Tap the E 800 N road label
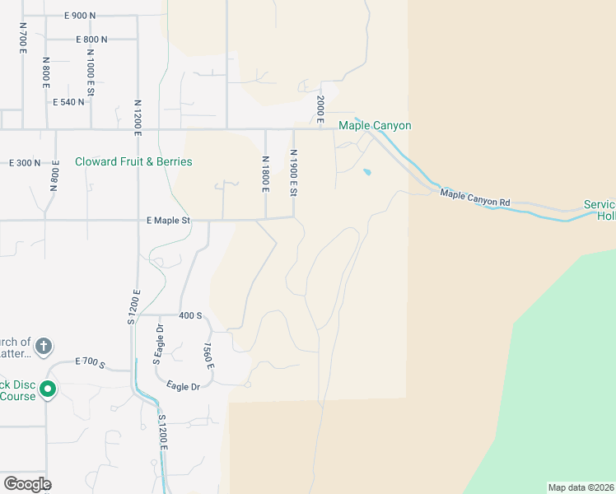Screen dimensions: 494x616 [x=91, y=39]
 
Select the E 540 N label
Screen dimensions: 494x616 [x=68, y=102]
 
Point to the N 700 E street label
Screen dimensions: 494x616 [x=23, y=37]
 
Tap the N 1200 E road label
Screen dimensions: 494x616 [x=138, y=119]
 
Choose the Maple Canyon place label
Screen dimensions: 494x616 [x=375, y=125]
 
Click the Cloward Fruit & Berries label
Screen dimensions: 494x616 [x=133, y=161]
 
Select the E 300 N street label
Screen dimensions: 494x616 [x=24, y=163]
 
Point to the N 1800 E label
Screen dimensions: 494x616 [x=266, y=174]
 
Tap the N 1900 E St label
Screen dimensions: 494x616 [x=293, y=173]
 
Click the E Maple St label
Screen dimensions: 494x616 [x=168, y=221]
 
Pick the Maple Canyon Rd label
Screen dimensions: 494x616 [x=475, y=198]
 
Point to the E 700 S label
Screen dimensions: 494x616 [x=90, y=361]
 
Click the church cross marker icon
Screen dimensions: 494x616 [x=44, y=345]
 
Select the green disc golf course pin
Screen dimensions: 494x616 [x=48, y=389]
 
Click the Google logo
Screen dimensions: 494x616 [x=27, y=484]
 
